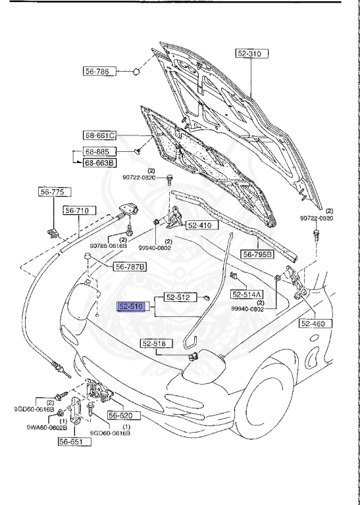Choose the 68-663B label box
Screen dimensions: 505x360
point(99,163)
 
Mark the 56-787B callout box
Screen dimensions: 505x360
point(131,266)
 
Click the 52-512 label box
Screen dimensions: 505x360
point(178,297)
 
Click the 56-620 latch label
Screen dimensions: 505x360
point(120,416)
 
